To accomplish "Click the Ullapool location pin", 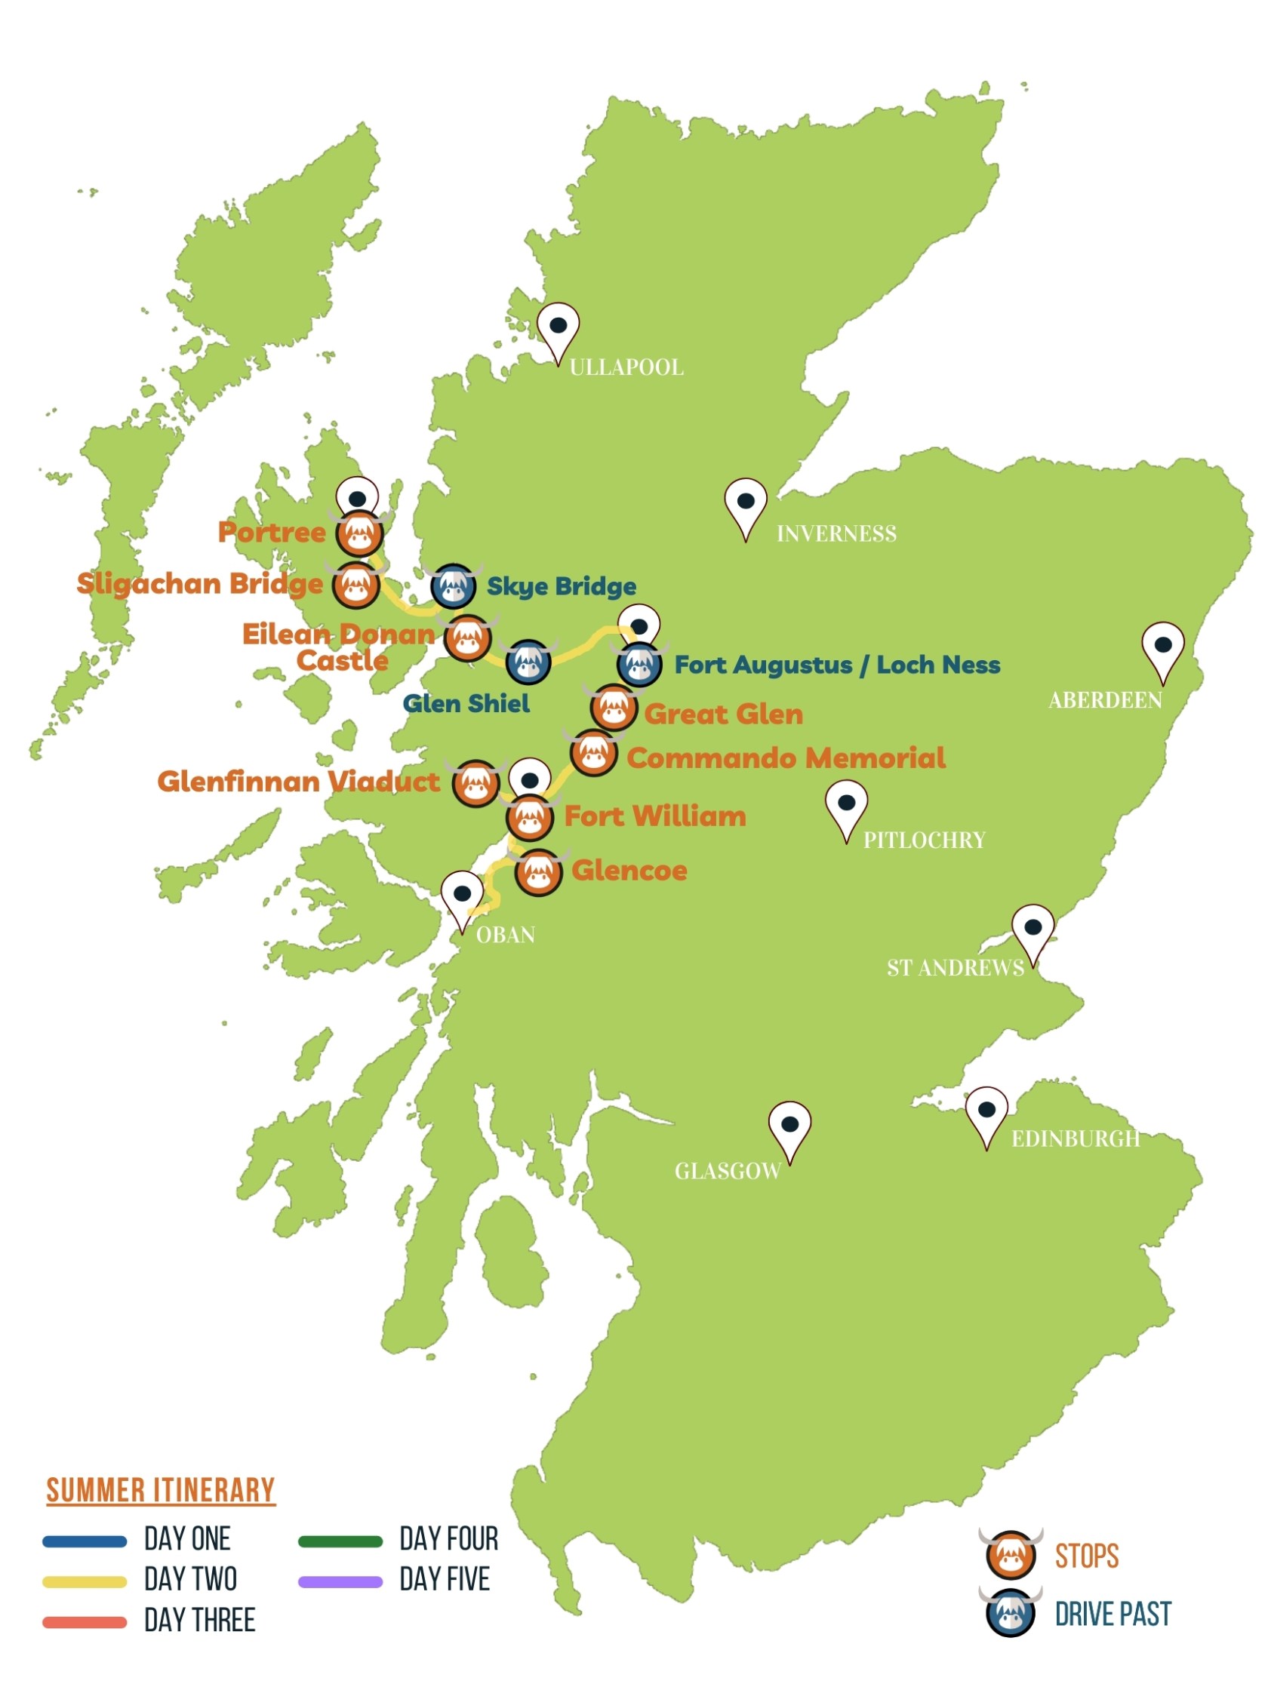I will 557,329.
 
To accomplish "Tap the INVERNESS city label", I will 836,533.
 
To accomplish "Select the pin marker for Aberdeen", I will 1162,649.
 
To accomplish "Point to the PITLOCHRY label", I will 923,840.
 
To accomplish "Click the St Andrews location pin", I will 1032,931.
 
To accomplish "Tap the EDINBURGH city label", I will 1075,1138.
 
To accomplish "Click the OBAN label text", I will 505,934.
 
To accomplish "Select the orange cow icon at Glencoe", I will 538,871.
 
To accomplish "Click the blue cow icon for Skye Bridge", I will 454,585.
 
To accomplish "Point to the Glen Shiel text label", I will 466,703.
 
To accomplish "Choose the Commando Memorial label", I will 785,757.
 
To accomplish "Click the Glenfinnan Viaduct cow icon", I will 475,782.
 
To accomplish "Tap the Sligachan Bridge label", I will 199,583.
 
